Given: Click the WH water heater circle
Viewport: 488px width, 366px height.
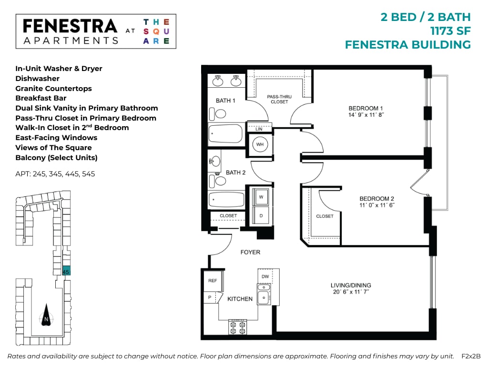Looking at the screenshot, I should [x=260, y=144].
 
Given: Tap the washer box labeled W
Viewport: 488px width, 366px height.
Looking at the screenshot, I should [x=260, y=196].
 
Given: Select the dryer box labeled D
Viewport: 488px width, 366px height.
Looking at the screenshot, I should [x=260, y=215].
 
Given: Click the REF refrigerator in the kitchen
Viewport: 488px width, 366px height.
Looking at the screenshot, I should [x=213, y=281].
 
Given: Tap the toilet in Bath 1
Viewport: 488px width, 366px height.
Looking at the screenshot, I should [x=220, y=114].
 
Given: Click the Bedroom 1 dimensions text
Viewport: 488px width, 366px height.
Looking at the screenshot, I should [x=366, y=115].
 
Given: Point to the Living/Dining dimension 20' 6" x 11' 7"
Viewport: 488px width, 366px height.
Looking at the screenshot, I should [x=350, y=292].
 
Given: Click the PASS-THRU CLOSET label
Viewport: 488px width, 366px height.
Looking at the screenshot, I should [x=279, y=99].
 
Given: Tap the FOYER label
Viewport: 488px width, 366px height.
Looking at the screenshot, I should [x=250, y=252].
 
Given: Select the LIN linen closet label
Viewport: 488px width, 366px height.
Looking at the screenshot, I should [x=259, y=129].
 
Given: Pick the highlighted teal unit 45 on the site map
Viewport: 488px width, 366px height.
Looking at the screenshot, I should [x=66, y=270].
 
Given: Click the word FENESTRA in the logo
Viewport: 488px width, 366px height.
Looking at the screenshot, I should [x=70, y=26].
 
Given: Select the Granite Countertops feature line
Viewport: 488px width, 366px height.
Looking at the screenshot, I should [x=53, y=89].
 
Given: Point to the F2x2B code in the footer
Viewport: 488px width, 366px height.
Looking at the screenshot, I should [x=471, y=356].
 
